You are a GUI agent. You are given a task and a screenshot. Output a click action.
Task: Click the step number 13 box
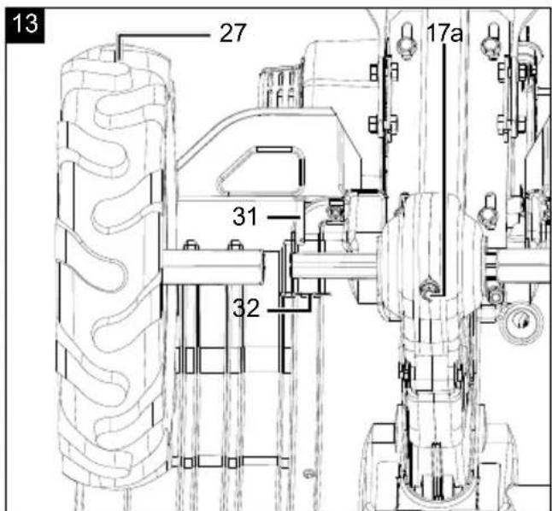[x=25, y=25]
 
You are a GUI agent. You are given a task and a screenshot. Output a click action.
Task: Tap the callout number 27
[x=232, y=32]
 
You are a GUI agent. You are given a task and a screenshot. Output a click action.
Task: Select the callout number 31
[x=244, y=216]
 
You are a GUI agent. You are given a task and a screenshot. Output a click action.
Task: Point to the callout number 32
[x=246, y=308]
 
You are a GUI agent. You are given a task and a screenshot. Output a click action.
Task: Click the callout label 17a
[x=444, y=33]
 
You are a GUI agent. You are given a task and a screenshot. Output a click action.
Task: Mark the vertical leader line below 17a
[x=444, y=169]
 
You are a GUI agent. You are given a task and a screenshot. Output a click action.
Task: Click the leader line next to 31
[x=284, y=217]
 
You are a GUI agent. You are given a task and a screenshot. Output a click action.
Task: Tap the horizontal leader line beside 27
[x=163, y=35]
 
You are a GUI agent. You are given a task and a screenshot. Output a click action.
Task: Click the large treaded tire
[x=113, y=267]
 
